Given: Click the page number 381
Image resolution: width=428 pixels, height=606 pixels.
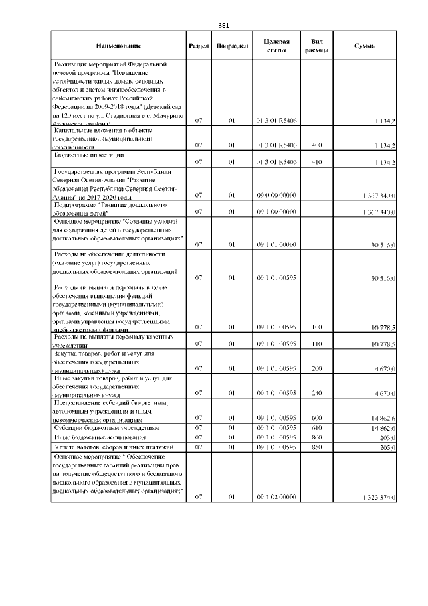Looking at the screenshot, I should tap(224, 26).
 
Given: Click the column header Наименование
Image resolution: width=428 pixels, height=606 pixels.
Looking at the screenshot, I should tap(118, 46).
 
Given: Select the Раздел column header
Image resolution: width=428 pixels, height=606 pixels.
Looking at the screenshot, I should tap(199, 46).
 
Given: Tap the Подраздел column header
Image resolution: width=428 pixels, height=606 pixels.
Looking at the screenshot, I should tap(229, 46).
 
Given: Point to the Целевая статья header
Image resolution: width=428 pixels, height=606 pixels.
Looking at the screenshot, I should tap(276, 46).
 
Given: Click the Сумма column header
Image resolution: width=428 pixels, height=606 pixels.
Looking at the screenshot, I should tap(364, 46).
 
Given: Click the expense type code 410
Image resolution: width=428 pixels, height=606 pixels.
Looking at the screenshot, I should tap(316, 162).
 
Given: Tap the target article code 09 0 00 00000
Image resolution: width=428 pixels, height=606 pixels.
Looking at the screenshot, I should tap(276, 195).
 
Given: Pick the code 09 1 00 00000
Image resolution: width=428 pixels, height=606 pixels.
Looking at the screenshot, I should tap(276, 212).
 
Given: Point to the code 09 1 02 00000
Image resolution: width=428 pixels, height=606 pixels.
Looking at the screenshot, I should tap(276, 497).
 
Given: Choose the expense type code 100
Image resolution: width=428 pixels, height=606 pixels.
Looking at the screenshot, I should tap(316, 327).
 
